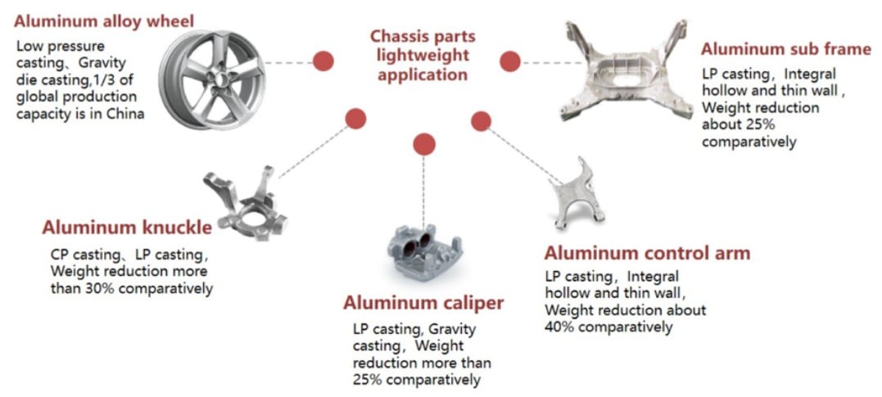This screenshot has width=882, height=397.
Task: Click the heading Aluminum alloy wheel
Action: tap(104, 22)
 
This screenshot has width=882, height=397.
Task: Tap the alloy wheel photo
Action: tap(212, 79)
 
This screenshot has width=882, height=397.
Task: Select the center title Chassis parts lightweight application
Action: tap(423, 56)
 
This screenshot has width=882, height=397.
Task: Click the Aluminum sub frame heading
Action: tap(786, 49)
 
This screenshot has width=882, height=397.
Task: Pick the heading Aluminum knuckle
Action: tap(127, 228)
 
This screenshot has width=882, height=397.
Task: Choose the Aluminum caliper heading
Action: tap(423, 303)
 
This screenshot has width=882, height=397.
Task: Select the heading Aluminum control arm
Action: tap(648, 253)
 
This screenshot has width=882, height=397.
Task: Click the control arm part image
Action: tap(576, 194)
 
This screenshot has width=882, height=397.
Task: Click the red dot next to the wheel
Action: tap(323, 61)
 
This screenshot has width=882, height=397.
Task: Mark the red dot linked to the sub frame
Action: tap(510, 61)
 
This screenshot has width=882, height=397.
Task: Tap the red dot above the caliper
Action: tap(424, 144)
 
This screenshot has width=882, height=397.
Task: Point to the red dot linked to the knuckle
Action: tap(355, 119)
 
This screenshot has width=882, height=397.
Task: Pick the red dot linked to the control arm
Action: tap(481, 121)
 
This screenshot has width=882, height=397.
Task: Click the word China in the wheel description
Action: tap(125, 114)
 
